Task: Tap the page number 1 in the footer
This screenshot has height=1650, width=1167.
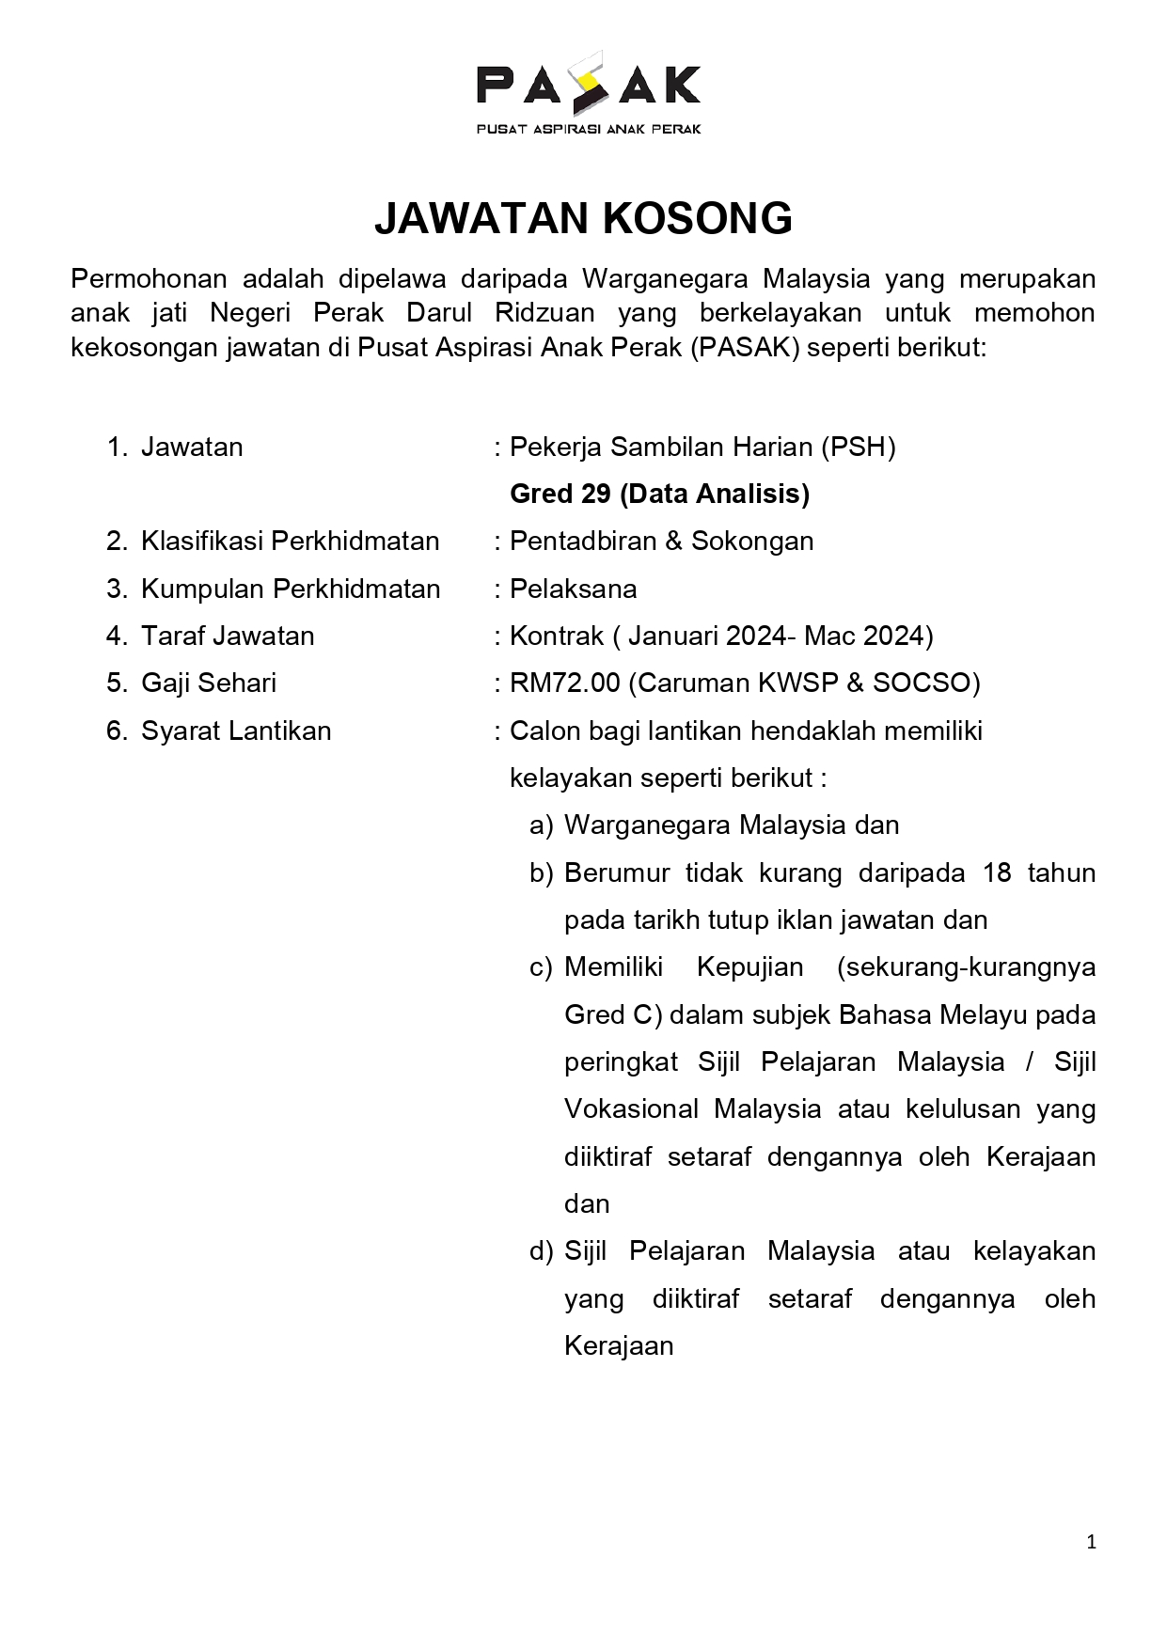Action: click(1091, 1542)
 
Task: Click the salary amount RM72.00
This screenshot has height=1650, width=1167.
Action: click(564, 684)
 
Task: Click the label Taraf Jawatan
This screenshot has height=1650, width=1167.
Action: click(228, 636)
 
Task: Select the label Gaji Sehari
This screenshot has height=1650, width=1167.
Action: click(209, 684)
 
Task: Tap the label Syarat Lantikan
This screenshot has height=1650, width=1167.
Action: click(236, 731)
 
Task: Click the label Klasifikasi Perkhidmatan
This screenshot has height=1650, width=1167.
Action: click(290, 542)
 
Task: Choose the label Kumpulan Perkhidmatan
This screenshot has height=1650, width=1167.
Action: click(291, 589)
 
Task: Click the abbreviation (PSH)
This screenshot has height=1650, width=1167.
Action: click(858, 448)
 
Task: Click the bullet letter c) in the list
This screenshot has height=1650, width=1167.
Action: click(541, 967)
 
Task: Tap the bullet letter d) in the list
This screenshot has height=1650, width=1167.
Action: click(541, 1251)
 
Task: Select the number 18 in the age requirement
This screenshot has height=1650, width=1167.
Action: click(997, 873)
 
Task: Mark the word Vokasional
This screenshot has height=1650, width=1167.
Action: click(631, 1109)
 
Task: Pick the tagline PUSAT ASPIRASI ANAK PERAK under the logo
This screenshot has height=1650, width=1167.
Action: click(589, 129)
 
